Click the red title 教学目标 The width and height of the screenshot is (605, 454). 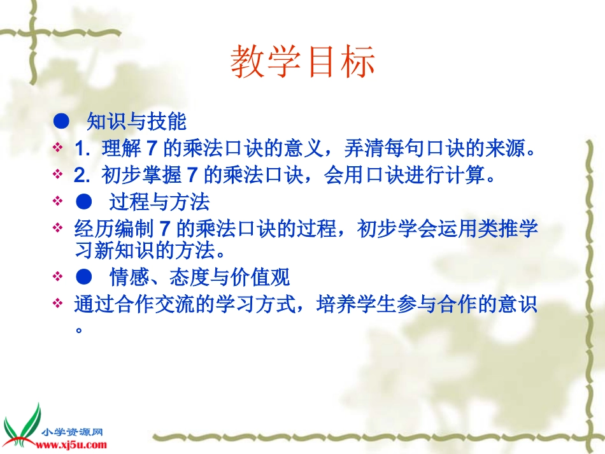click(x=302, y=62)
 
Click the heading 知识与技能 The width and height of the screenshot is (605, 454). click(x=136, y=121)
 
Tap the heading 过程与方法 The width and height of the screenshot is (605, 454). click(x=159, y=203)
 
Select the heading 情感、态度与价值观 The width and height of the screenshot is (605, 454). click(x=199, y=277)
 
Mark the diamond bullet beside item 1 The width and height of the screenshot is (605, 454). click(x=59, y=148)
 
